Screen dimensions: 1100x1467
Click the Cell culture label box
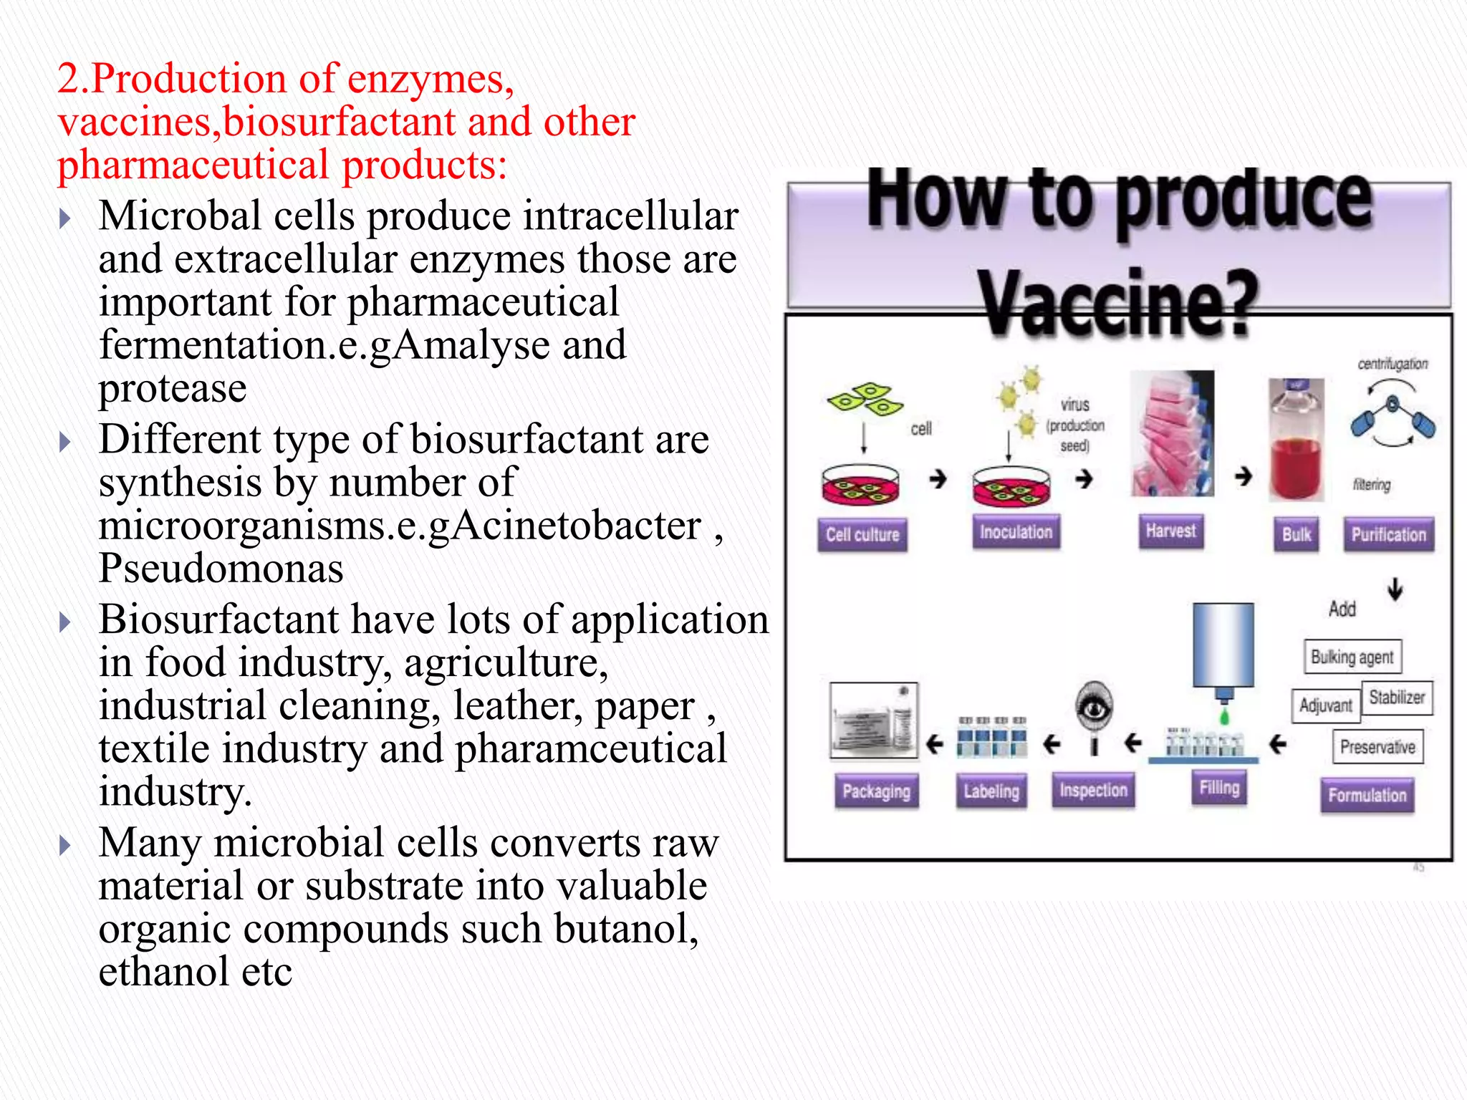tap(862, 534)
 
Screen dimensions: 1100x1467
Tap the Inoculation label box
tap(1016, 532)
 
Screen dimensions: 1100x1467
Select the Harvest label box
tap(1170, 531)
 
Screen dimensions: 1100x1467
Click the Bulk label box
tap(1296, 534)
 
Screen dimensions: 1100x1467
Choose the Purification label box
tap(1388, 534)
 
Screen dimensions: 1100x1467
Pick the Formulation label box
tap(1367, 795)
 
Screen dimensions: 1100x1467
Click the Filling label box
tap(1219, 788)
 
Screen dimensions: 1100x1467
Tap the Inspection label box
tap(1093, 790)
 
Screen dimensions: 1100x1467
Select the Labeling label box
tap(991, 791)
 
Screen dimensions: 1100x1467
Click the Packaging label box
tap(876, 791)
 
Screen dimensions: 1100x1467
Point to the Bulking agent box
tap(1352, 657)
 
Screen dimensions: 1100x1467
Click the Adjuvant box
tap(1325, 705)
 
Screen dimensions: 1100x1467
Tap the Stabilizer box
tap(1397, 697)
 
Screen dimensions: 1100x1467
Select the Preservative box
tap(1377, 747)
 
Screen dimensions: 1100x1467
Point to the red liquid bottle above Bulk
tap(1296, 440)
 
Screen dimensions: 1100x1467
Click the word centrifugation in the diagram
tap(1393, 364)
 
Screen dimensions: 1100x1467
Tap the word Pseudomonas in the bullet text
tap(221, 569)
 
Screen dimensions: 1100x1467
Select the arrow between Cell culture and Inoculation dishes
tap(938, 478)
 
